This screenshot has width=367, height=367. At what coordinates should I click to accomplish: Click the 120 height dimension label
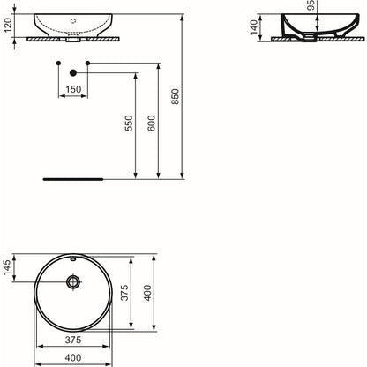7,26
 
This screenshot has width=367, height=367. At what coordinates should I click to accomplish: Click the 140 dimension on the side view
254,27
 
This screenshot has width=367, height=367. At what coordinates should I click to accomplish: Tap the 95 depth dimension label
311,4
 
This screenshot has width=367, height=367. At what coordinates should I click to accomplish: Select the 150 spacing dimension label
73,89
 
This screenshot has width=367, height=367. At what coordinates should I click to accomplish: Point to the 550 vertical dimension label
129,123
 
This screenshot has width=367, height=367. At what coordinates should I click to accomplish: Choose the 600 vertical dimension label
151,123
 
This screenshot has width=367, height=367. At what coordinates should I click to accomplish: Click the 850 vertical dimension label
175,96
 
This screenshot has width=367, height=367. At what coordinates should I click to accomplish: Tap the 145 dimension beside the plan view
7,267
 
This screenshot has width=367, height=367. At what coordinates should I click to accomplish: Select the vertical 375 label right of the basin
124,293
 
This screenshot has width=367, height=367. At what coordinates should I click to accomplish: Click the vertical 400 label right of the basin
147,293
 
